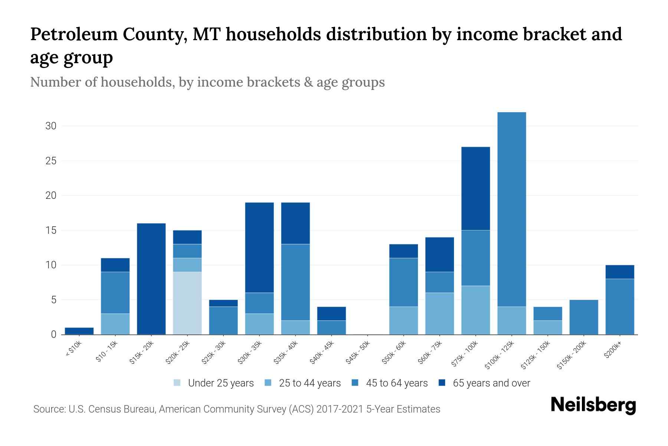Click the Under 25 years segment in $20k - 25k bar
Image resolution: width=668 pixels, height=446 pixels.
click(x=187, y=303)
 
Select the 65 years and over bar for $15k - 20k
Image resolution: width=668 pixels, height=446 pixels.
click(x=151, y=279)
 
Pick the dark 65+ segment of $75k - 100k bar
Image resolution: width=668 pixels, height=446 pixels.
click(x=476, y=188)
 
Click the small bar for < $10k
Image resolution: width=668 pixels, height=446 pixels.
click(x=79, y=331)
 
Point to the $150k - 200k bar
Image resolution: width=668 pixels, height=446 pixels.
click(x=584, y=317)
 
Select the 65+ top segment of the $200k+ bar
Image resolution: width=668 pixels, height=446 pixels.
click(x=620, y=272)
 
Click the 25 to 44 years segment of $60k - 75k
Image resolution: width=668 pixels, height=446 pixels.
click(x=440, y=313)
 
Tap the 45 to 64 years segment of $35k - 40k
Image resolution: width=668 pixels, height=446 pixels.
click(x=295, y=282)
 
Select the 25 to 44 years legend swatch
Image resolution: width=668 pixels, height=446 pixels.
click(x=269, y=383)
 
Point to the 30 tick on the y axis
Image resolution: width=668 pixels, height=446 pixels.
click(x=51, y=126)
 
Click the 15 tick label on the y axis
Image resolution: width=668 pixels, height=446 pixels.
click(x=51, y=230)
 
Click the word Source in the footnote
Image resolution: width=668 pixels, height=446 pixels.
click(x=48, y=409)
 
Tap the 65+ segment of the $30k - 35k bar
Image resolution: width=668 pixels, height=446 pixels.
click(x=259, y=248)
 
